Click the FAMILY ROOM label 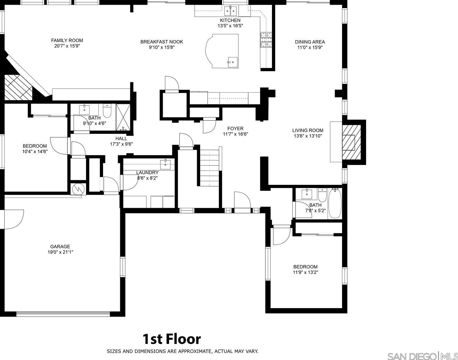(x=67, y=40)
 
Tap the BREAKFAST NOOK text (x=162, y=42)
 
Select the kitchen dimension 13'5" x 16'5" (x=230, y=26)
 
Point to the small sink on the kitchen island (x=233, y=62)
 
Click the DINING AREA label (x=310, y=42)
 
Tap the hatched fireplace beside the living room (x=351, y=142)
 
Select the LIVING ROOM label (x=308, y=130)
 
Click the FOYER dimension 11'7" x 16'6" (x=236, y=134)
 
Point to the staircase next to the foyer (x=209, y=168)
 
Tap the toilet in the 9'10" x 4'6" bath (x=107, y=111)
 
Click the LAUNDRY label (x=147, y=173)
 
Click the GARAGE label (x=60, y=247)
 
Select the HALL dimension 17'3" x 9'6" (x=121, y=144)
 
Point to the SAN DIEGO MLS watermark (x=423, y=356)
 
